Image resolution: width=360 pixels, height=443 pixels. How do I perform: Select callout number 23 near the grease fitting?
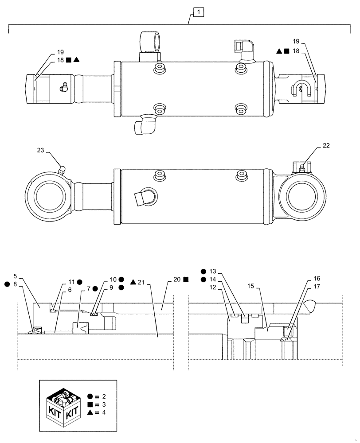pos(41,150)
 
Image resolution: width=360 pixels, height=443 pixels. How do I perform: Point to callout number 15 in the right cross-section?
pos(251,287)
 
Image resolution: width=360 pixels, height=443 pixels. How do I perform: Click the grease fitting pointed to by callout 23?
pos(62,169)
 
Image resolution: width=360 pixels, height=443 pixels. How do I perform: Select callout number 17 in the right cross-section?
pos(317,287)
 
